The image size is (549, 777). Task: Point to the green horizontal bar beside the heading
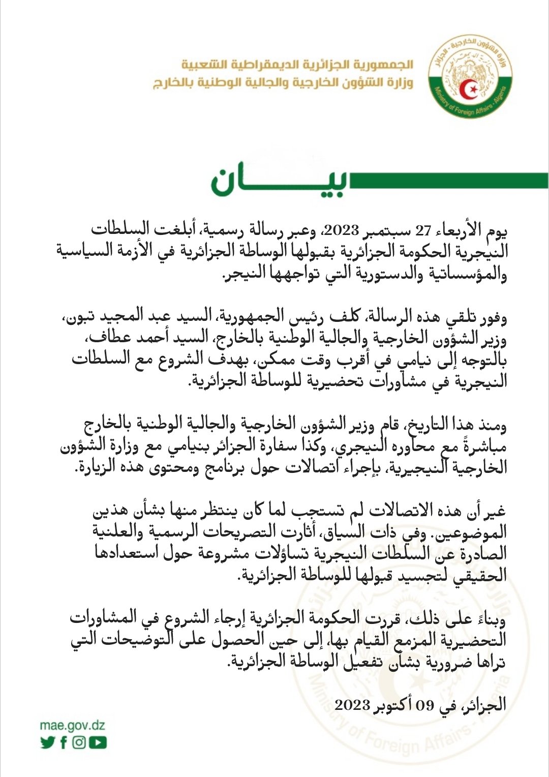click(448, 181)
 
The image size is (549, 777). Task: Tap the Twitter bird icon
click(47, 742)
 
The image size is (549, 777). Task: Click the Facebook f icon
click(64, 742)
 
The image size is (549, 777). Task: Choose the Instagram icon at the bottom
click(79, 742)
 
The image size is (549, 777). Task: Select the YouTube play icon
click(98, 742)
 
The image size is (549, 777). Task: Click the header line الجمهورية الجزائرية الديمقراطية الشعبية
click(297, 65)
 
